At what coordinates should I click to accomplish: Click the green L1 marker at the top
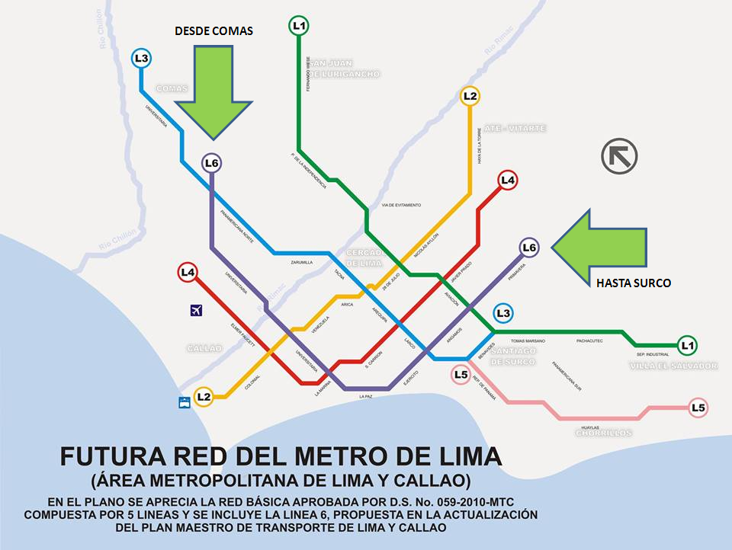300,26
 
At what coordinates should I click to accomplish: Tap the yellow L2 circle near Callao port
203,397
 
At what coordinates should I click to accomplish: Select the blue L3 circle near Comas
141,58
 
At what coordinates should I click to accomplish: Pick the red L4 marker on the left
188,271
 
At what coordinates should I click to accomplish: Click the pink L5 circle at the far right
698,408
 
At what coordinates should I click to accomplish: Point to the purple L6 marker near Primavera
529,248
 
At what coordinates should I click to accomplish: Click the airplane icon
197,310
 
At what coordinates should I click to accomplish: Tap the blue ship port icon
184,402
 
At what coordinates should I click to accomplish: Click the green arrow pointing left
600,245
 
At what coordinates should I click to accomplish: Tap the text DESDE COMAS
213,31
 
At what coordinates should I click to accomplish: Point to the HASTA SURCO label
634,283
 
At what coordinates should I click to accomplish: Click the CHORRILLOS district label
603,433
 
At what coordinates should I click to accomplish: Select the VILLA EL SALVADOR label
673,366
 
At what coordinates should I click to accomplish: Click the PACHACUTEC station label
590,341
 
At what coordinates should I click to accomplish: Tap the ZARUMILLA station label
302,261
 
